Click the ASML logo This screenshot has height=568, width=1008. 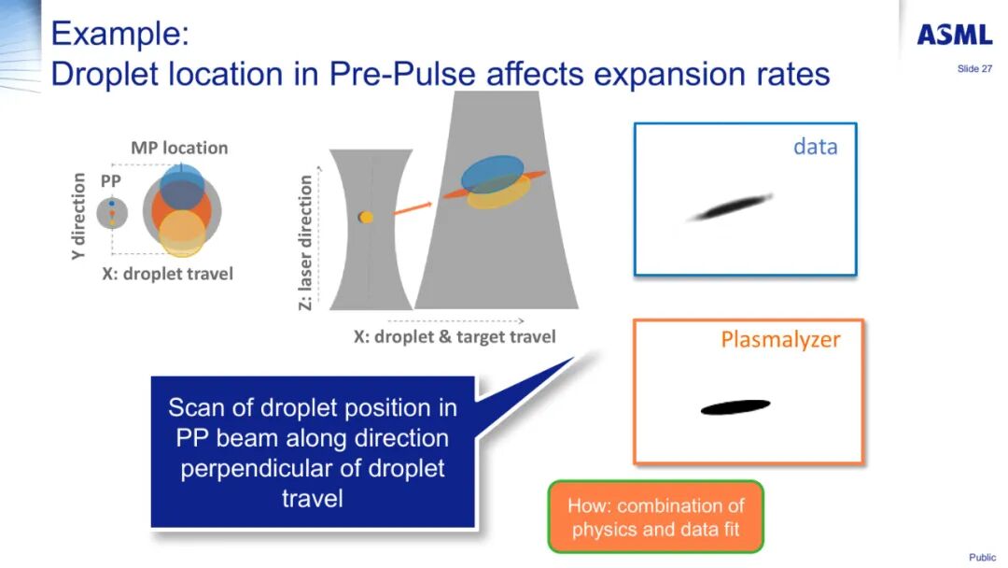coord(955,34)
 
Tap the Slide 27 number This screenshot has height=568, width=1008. coord(974,69)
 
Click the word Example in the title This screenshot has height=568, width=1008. coord(120,33)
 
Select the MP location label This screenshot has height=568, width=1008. coord(179,148)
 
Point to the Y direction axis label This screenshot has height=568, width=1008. coord(78,216)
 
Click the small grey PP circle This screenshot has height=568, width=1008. coord(112,213)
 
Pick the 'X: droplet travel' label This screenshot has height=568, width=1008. coord(167,274)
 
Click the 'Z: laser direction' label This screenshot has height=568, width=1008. coord(305,242)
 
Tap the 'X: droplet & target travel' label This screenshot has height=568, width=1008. coord(455,336)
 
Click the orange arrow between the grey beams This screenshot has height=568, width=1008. coord(413,207)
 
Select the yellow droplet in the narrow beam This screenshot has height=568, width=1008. coord(367,218)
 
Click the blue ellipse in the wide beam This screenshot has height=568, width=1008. coord(493,175)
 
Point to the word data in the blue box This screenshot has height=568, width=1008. coord(815,147)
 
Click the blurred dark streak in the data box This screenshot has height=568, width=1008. coord(730,207)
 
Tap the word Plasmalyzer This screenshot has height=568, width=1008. coord(780,339)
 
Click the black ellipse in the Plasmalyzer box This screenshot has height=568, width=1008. coord(735,406)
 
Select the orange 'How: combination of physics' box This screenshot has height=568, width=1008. coord(656,518)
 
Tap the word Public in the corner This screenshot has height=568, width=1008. coord(982,557)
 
